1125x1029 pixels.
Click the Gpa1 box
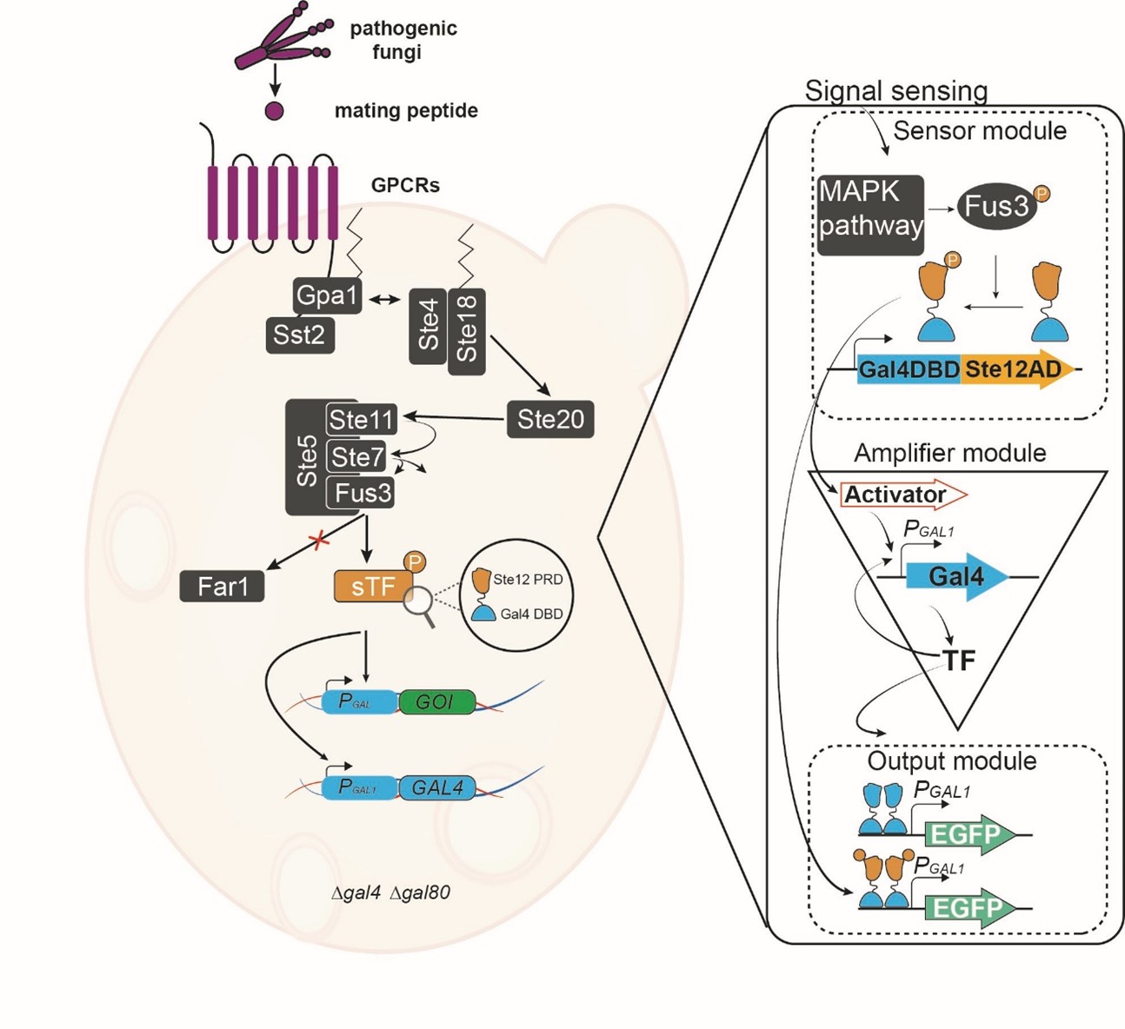pyautogui.click(x=327, y=296)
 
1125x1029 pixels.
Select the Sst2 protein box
pyautogui.click(x=299, y=335)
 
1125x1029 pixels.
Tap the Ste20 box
pyautogui.click(x=550, y=420)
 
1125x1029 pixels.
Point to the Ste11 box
pyautogui.click(x=362, y=420)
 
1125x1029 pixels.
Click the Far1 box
pyautogui.click(x=223, y=587)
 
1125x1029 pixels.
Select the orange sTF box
pyautogui.click(x=373, y=587)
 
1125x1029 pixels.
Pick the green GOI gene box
pyautogui.click(x=436, y=701)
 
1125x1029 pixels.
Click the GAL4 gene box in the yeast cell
pyautogui.click(x=437, y=787)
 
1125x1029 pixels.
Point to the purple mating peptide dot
pyautogui.click(x=274, y=111)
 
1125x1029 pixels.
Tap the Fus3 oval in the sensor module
pyautogui.click(x=997, y=205)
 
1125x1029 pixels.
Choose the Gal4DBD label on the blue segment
pyautogui.click(x=909, y=369)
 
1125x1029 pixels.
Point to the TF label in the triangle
pyautogui.click(x=959, y=661)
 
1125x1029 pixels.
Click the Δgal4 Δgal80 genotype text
pyautogui.click(x=390, y=893)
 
